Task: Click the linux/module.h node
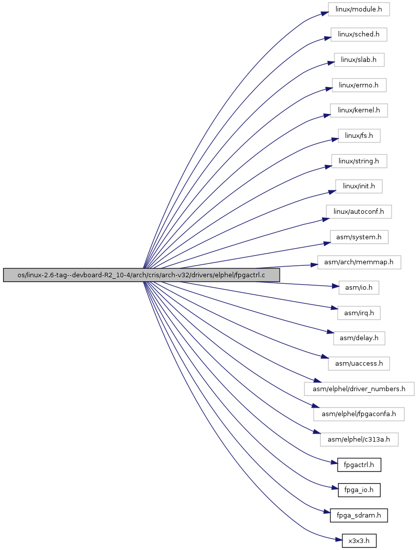359,9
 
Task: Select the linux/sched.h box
359,34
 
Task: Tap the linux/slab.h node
359,59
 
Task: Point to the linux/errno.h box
359,85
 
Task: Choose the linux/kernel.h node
359,110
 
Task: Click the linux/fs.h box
359,136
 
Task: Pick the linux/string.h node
359,161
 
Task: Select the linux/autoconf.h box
359,211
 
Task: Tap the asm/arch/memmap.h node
359,262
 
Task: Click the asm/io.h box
359,288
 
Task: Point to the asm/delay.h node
359,338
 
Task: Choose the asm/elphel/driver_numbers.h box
359,389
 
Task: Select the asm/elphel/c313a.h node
359,440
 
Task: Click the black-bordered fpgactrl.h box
359,465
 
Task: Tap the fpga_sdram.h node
359,515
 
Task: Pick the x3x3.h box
359,541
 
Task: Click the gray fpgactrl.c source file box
141,275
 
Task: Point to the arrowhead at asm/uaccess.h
325,357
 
